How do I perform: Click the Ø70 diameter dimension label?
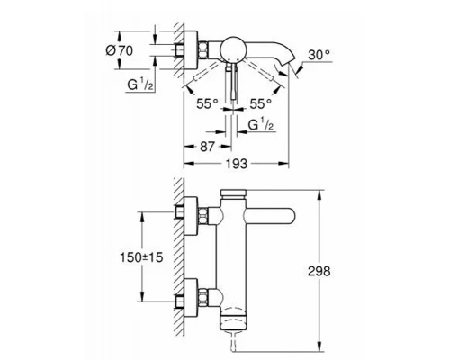pyautogui.click(x=119, y=50)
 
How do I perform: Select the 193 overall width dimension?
pyautogui.click(x=237, y=164)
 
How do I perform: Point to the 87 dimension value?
pyautogui.click(x=207, y=147)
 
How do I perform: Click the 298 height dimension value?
pyautogui.click(x=319, y=271)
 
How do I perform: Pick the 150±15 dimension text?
pyautogui.click(x=141, y=257)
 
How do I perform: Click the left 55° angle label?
pyautogui.click(x=207, y=104)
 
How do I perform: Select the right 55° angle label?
pyautogui.click(x=260, y=104)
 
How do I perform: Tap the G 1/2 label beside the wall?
pyautogui.click(x=140, y=85)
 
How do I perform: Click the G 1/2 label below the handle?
pyautogui.click(x=261, y=124)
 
